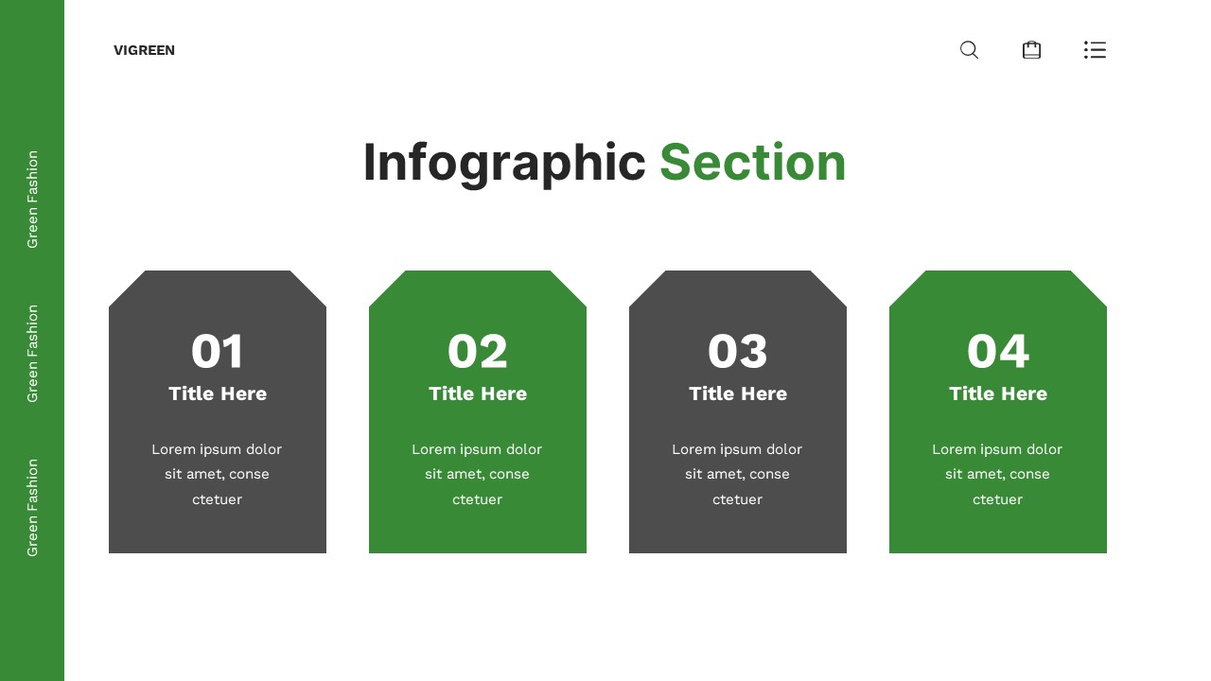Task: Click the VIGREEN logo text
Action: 144,50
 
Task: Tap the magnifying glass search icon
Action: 969,50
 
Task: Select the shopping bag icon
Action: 1031,50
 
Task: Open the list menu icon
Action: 1095,50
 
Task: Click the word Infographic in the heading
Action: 504,163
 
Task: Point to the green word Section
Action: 752,163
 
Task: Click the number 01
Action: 218,352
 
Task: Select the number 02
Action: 478,352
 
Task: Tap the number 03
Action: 738,352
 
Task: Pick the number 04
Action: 998,352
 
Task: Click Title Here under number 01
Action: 218,393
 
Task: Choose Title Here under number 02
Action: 478,393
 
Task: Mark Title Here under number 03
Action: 738,393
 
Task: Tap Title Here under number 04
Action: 998,393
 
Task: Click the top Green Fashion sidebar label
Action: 32,200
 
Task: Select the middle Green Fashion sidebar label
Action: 32,354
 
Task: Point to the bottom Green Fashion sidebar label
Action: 32,508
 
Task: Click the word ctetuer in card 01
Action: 218,499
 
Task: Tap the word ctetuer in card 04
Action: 998,499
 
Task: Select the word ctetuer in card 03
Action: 738,499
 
